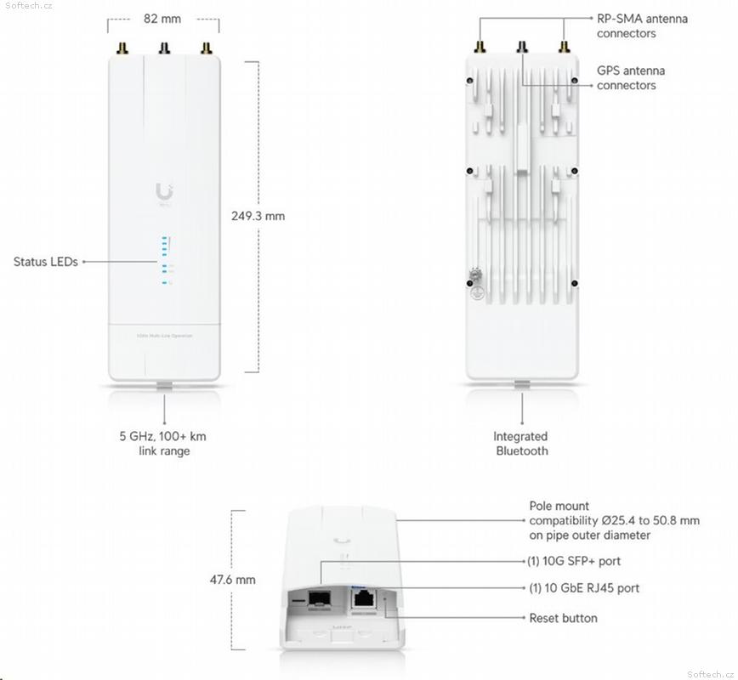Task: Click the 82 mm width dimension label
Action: click(x=162, y=17)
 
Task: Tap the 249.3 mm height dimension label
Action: click(x=258, y=216)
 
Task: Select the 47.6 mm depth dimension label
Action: click(x=232, y=580)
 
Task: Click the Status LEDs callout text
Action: click(x=45, y=262)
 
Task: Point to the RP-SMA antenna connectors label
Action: click(x=642, y=25)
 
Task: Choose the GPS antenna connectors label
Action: click(x=631, y=78)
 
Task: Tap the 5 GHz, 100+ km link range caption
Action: click(x=162, y=444)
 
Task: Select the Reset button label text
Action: click(x=563, y=618)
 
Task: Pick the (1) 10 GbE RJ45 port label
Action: click(x=584, y=588)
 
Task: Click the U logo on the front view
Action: click(x=164, y=193)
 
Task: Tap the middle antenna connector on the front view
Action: click(x=162, y=49)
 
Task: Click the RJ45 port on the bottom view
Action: click(x=365, y=599)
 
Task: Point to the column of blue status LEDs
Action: click(x=165, y=260)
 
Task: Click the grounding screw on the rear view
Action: click(x=474, y=279)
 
